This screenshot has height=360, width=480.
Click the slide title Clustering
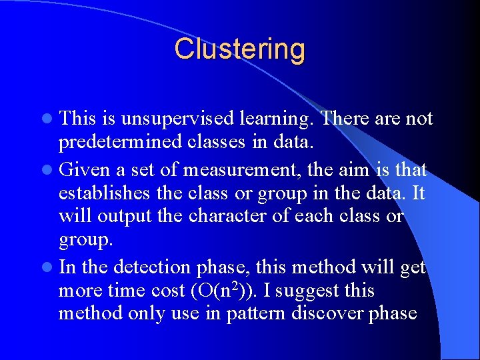pyautogui.click(x=240, y=49)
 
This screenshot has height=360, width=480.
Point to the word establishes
pyautogui.click(x=105, y=194)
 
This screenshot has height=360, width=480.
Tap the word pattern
pyautogui.click(x=253, y=314)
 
